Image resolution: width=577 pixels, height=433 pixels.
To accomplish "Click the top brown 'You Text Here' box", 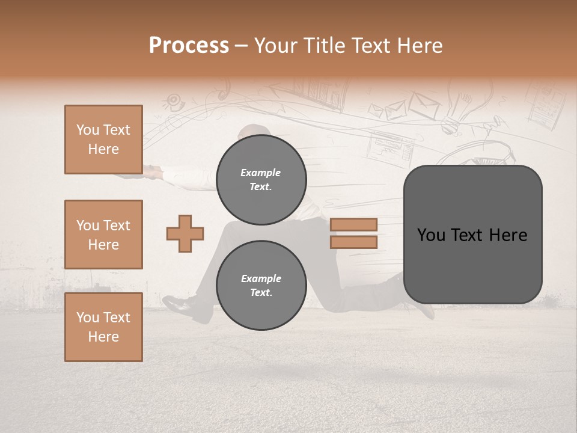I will coord(103,140).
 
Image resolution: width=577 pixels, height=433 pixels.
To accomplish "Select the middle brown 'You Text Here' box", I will coord(103,235).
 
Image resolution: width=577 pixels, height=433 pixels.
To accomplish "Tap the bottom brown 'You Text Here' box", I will coord(103,327).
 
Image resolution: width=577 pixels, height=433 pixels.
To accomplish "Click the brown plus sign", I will coord(185,233).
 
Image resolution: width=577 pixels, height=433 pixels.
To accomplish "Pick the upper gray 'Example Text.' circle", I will coord(261,179).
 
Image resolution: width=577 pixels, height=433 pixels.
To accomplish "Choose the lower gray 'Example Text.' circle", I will coord(261,285).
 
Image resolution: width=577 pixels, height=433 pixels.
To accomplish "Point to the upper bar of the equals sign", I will coord(353,224).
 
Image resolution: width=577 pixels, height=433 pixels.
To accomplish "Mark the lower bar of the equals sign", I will coord(353,242).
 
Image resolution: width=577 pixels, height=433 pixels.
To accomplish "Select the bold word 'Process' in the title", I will coord(189,46).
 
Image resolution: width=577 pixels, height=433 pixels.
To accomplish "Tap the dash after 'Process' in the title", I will coord(241,46).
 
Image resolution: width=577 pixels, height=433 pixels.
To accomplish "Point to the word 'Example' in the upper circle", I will coord(261,173).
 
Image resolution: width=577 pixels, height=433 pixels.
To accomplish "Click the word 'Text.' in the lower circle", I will coord(261,292).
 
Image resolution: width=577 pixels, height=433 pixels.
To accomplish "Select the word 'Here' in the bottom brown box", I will coord(103,337).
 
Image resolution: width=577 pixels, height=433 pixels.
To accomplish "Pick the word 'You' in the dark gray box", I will coord(431,235).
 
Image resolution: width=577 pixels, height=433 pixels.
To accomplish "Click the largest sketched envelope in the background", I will coord(424,105).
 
